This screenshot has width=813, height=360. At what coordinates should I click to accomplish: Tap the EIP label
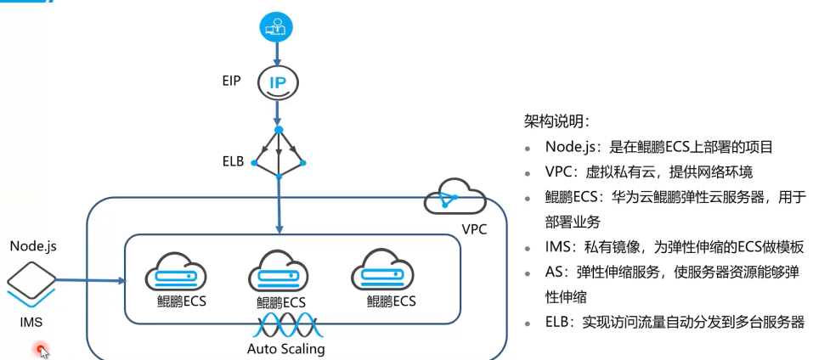click(x=230, y=82)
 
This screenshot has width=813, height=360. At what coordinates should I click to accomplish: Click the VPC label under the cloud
click(x=474, y=229)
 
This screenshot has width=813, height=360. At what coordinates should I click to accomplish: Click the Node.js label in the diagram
click(x=32, y=246)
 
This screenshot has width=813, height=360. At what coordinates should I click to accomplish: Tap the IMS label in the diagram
click(x=31, y=322)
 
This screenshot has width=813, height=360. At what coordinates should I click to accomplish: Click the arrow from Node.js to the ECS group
click(x=89, y=278)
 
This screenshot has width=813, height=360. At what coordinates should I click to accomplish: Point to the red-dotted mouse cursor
click(x=42, y=349)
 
